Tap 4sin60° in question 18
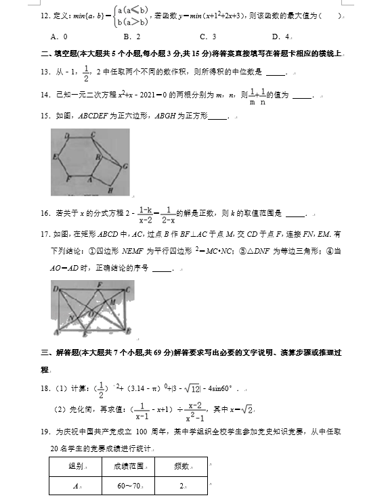(218, 389)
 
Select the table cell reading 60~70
(129, 486)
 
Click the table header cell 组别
(76, 466)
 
